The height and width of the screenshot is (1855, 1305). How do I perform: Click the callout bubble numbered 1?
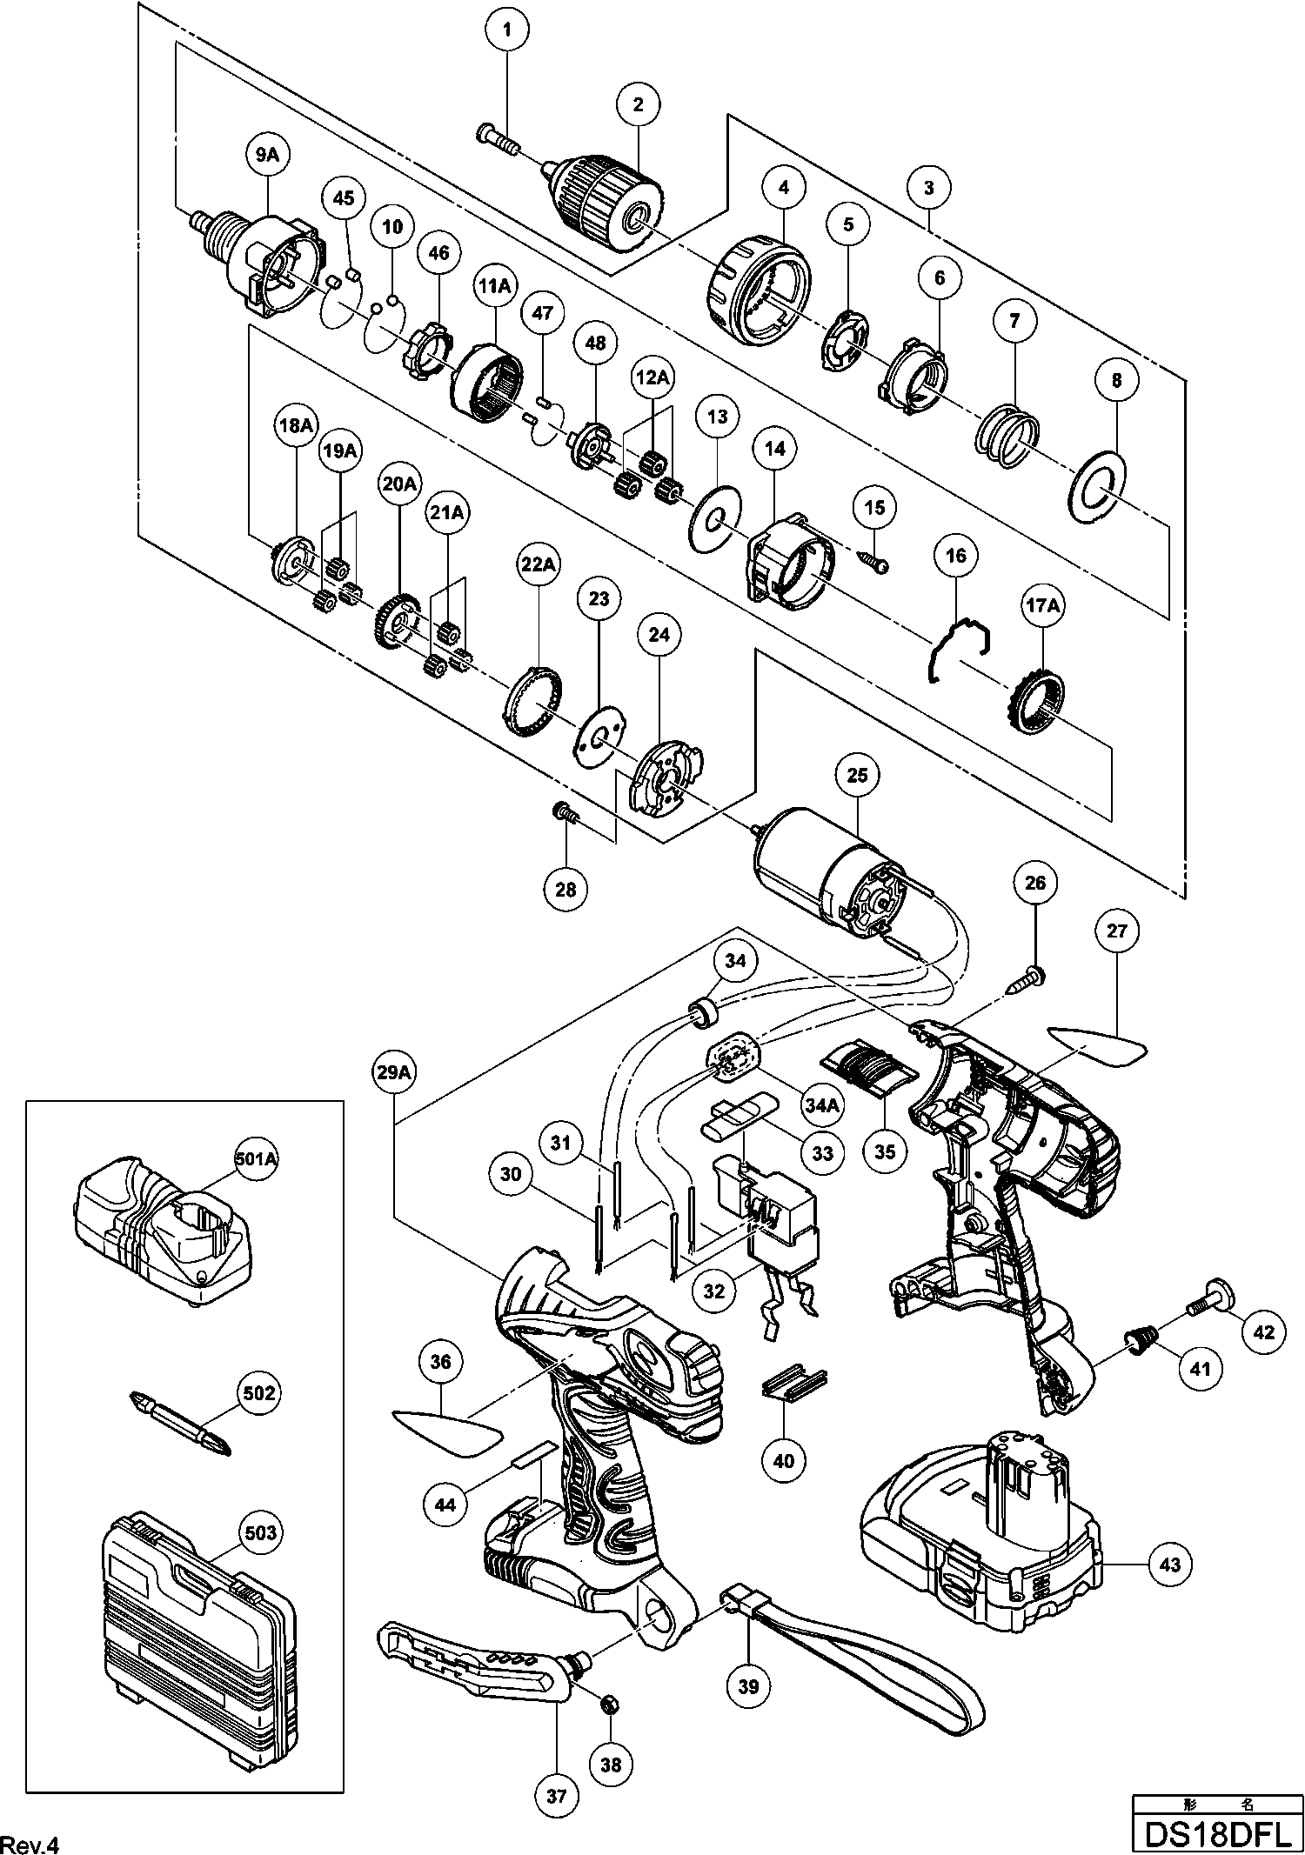click(508, 31)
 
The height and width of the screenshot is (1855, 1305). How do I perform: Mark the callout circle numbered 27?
click(1117, 931)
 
